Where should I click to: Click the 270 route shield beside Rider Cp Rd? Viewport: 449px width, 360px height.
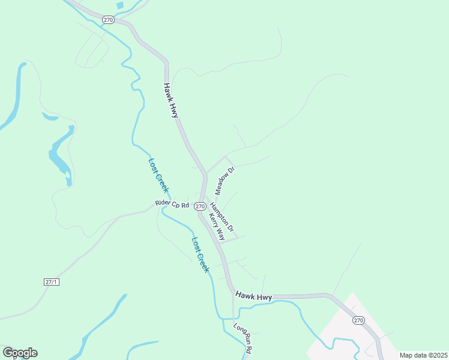[199, 206]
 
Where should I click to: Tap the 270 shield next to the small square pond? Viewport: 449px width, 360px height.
[108, 20]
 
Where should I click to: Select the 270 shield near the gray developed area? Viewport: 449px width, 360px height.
[358, 320]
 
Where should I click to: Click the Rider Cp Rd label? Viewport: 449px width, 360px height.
[172, 204]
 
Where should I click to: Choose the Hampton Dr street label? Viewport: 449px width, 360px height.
[221, 216]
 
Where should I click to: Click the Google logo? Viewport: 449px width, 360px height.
[20, 353]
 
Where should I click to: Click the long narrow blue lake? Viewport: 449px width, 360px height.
[60, 153]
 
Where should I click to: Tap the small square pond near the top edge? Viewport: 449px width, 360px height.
[120, 5]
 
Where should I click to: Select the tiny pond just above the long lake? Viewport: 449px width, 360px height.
[49, 116]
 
